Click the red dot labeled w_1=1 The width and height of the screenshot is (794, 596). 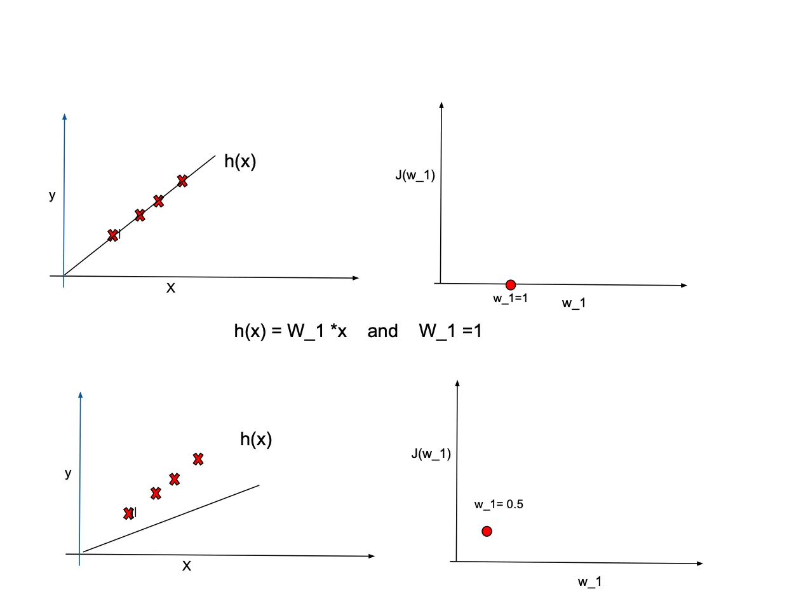pos(510,285)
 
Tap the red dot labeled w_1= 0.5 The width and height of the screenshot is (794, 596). pos(487,531)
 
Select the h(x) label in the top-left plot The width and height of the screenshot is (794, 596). pos(240,162)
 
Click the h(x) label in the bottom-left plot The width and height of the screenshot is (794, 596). pos(256,439)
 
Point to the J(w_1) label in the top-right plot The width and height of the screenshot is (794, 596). pos(415,176)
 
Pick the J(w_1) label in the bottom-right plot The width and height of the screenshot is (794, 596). pos(431,454)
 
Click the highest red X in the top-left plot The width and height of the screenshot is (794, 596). pos(182,181)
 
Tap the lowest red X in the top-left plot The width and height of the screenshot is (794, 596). pos(113,235)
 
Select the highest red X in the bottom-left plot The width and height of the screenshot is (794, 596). pos(198,458)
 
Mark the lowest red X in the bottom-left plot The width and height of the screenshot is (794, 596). pos(128,513)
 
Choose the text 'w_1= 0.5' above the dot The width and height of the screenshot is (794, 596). pos(498,504)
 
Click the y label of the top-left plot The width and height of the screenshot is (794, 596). pos(52,196)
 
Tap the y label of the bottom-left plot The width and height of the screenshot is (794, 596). pos(68,474)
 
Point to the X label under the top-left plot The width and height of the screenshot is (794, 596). pos(170,288)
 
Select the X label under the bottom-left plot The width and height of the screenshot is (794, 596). pos(186,565)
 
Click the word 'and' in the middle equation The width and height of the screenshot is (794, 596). pos(382,331)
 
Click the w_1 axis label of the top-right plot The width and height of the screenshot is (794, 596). pos(574,303)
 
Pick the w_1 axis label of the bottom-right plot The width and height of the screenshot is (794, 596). pos(589,581)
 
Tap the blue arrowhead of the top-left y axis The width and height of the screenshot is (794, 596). pos(64,116)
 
